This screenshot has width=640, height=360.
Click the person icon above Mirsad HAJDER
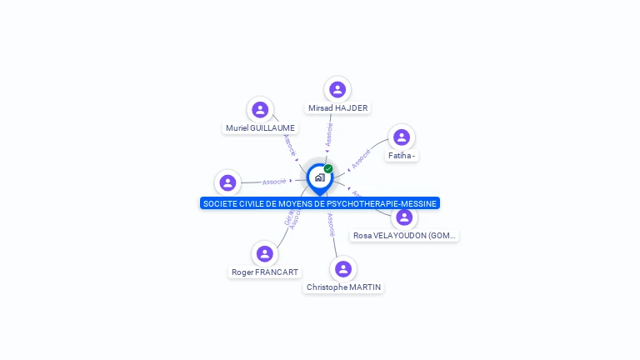click(337, 89)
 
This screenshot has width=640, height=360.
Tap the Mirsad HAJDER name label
click(337, 108)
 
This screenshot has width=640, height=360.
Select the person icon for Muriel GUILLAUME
click(260, 109)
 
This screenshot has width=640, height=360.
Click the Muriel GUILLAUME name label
click(260, 128)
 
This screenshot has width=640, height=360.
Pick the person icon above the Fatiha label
click(402, 137)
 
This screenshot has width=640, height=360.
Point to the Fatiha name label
click(402, 156)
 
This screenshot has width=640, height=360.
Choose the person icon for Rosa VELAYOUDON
click(404, 217)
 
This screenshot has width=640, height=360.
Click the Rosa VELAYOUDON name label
click(405, 236)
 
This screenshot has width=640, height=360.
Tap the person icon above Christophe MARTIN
click(342, 268)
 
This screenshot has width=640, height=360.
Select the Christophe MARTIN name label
click(343, 287)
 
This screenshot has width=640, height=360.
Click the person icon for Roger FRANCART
click(265, 253)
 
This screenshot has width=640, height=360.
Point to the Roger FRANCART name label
click(265, 272)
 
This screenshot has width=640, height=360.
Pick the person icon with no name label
click(227, 182)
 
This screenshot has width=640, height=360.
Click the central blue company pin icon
click(319, 177)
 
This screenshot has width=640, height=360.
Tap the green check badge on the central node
click(328, 168)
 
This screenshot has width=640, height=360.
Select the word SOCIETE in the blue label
click(220, 203)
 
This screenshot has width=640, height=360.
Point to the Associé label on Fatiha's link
click(361, 158)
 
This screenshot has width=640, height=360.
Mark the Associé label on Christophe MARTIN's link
click(331, 225)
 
